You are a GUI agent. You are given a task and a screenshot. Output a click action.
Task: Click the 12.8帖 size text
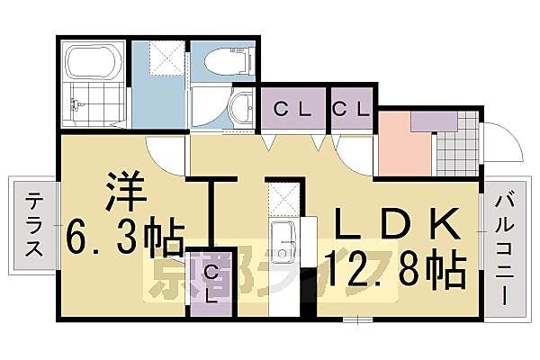[397, 265]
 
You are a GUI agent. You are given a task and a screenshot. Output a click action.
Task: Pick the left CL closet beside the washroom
[293, 111]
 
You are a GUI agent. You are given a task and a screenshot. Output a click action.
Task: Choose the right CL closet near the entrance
[351, 111]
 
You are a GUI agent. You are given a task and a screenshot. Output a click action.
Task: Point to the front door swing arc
[500, 135]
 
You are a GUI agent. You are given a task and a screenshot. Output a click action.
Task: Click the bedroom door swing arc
[167, 155]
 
